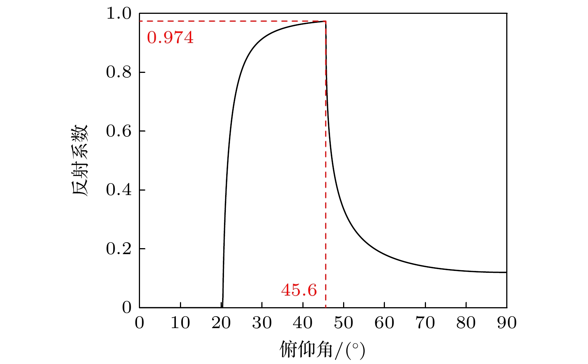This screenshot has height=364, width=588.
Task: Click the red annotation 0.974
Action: (170, 38)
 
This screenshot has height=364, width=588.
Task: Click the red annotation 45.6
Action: (299, 290)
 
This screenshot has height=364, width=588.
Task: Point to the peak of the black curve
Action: (325, 21)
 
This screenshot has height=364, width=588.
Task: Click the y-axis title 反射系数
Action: (80, 160)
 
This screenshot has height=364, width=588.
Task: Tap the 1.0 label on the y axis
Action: (119, 13)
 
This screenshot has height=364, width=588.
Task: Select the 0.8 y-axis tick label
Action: (119, 72)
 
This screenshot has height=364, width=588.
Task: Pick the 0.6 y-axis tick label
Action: (119, 131)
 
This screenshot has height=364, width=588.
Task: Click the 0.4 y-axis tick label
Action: (119, 190)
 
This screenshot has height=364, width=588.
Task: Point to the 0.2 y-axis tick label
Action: (119, 249)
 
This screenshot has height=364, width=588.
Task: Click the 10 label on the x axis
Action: (180, 323)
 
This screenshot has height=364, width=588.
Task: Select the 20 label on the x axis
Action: (221, 323)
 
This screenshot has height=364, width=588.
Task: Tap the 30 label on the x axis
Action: (262, 323)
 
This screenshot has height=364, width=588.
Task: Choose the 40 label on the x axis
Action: (303, 323)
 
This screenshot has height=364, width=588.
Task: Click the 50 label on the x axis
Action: (343, 323)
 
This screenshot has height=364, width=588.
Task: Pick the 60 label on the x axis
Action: (384, 323)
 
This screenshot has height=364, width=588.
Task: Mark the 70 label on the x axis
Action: (425, 323)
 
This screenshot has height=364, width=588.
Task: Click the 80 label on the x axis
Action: (466, 323)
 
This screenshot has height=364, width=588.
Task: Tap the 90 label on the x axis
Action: (507, 323)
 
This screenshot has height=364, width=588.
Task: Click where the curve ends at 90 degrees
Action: (506, 272)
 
